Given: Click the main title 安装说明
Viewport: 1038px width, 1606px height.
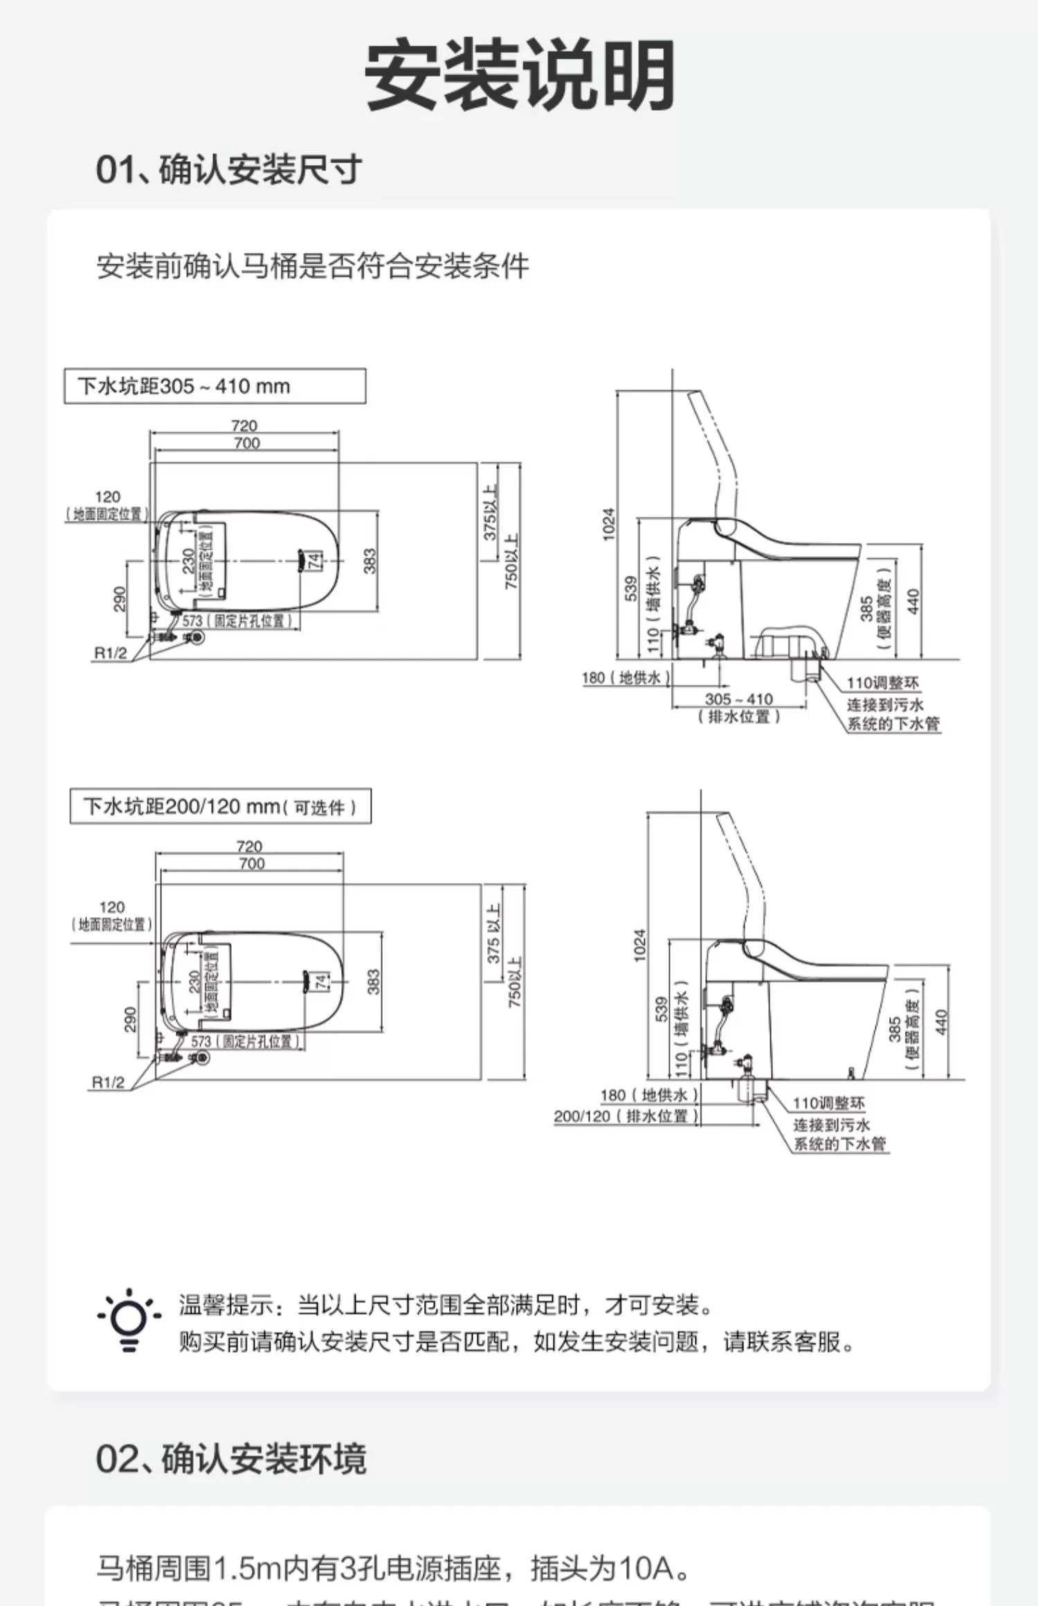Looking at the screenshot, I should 519,75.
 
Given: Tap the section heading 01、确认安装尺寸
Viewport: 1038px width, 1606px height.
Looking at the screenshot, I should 228,170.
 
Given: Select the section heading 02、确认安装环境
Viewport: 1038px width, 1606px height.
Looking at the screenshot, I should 230,1458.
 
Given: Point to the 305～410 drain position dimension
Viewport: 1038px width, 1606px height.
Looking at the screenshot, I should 738,699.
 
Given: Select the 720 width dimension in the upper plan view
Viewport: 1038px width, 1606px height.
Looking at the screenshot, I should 244,425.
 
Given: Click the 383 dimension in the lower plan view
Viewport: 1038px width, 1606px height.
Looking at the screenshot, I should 374,981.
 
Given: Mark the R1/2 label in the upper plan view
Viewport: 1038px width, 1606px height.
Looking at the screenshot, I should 111,654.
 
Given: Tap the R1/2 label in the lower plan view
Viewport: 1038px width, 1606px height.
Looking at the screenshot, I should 108,1082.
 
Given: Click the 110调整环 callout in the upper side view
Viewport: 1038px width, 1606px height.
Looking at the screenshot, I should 883,683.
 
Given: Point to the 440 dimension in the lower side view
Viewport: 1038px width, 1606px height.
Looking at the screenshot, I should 940,1022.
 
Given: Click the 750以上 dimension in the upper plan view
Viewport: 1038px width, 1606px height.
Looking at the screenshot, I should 511,562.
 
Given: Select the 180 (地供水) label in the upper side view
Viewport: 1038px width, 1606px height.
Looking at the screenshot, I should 626,678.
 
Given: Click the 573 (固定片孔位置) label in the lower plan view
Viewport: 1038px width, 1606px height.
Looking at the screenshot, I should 245,1041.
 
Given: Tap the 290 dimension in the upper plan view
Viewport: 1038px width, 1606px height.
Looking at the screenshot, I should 120,599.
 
